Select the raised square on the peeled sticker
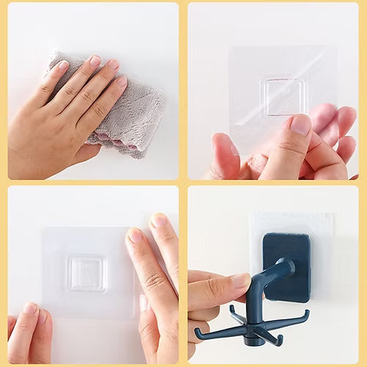click(284, 97)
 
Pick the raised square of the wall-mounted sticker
click(87, 273)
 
